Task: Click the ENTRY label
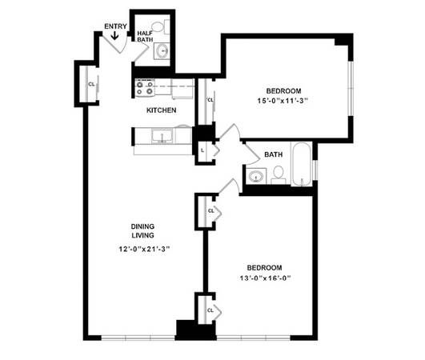pyautogui.click(x=115, y=26)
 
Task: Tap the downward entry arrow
pyautogui.click(x=114, y=35)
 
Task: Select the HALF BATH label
pyautogui.click(x=145, y=36)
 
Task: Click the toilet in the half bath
pyautogui.click(x=160, y=27)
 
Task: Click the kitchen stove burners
pyautogui.click(x=145, y=88)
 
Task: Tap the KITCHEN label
pyautogui.click(x=161, y=110)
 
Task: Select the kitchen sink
pyautogui.click(x=162, y=135)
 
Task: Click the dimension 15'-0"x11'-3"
pyautogui.click(x=283, y=101)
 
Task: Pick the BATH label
pyautogui.click(x=273, y=154)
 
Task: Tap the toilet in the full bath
pyautogui.click(x=278, y=175)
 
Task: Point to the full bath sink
pyautogui.click(x=256, y=176)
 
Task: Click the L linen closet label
pyautogui.click(x=202, y=150)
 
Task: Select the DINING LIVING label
pyautogui.click(x=142, y=230)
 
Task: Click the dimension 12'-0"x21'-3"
pyautogui.click(x=144, y=249)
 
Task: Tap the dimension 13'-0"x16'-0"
pyautogui.click(x=265, y=278)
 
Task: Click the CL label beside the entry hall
pyautogui.click(x=91, y=84)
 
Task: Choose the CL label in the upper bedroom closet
pyautogui.click(x=210, y=100)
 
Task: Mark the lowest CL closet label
pyautogui.click(x=210, y=310)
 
